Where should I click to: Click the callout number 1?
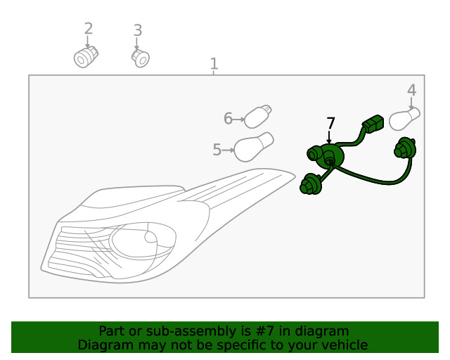[214, 64]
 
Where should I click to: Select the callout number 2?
[88, 29]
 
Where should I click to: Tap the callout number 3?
[138, 30]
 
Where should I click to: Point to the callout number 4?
[411, 90]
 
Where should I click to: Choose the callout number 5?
[217, 149]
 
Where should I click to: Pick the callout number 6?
[228, 119]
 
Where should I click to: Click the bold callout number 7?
[330, 124]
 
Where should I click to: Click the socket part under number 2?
[86, 56]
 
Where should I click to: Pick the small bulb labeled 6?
[259, 116]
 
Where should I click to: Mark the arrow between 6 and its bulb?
[238, 120]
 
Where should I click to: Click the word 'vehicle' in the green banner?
[344, 345]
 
